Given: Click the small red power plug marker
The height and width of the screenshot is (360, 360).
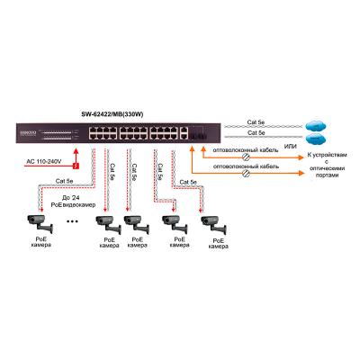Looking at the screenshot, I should coord(76,166).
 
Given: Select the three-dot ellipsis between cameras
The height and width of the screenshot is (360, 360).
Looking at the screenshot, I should coord(72,220).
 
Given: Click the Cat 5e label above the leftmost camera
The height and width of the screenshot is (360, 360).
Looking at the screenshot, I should coord(64,182).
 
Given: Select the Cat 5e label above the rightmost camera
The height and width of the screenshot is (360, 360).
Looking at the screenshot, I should coord(188,182).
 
